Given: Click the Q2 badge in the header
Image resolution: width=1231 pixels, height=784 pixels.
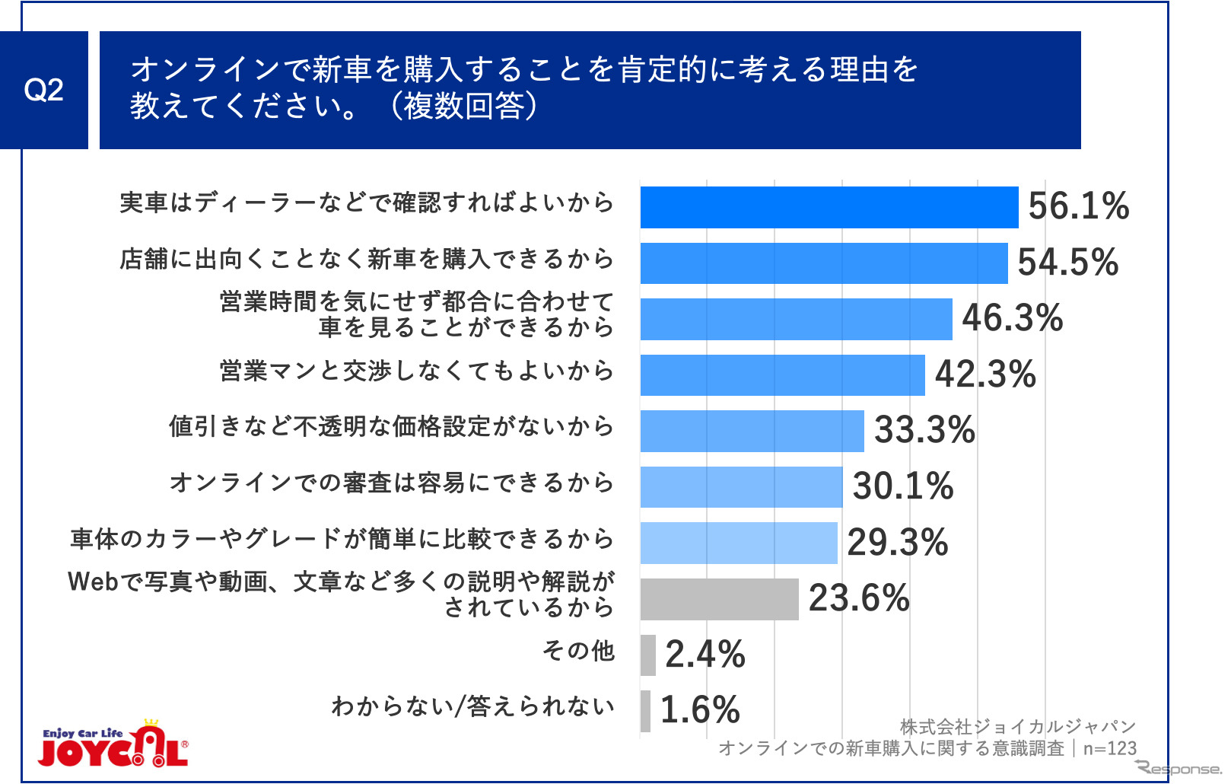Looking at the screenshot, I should (43, 90).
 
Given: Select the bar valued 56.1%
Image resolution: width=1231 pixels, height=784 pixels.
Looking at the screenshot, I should (829, 207).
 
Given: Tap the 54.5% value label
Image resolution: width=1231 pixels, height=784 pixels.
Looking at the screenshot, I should (1067, 263).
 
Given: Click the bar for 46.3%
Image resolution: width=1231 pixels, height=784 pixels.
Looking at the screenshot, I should (796, 319).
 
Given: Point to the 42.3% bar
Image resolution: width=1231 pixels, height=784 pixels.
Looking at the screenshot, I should (782, 375).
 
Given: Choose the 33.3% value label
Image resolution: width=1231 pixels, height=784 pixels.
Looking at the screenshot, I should (924, 430).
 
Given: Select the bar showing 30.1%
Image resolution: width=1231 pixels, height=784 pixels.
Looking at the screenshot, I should (741, 487).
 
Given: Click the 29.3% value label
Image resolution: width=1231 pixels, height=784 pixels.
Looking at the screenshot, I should (897, 543).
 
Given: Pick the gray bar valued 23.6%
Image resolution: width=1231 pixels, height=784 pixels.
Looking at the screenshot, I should (719, 599).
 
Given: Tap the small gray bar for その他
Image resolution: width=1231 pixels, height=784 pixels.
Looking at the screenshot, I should (647, 655).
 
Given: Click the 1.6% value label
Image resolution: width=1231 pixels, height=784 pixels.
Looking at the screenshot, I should (699, 710).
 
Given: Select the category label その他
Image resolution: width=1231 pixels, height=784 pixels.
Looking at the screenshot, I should (578, 651).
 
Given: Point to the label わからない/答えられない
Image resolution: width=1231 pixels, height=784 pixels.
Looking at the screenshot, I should (472, 706).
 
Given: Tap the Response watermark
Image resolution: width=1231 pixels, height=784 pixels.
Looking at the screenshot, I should (1179, 768).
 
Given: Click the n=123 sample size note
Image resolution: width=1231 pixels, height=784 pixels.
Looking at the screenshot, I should (1109, 748).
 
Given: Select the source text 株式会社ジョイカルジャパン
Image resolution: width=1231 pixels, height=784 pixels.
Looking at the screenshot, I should (1017, 727).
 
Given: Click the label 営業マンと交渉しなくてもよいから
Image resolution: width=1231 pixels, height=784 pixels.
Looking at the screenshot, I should (416, 371).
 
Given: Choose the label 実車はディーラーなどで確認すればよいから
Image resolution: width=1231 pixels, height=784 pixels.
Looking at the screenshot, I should (367, 202).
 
